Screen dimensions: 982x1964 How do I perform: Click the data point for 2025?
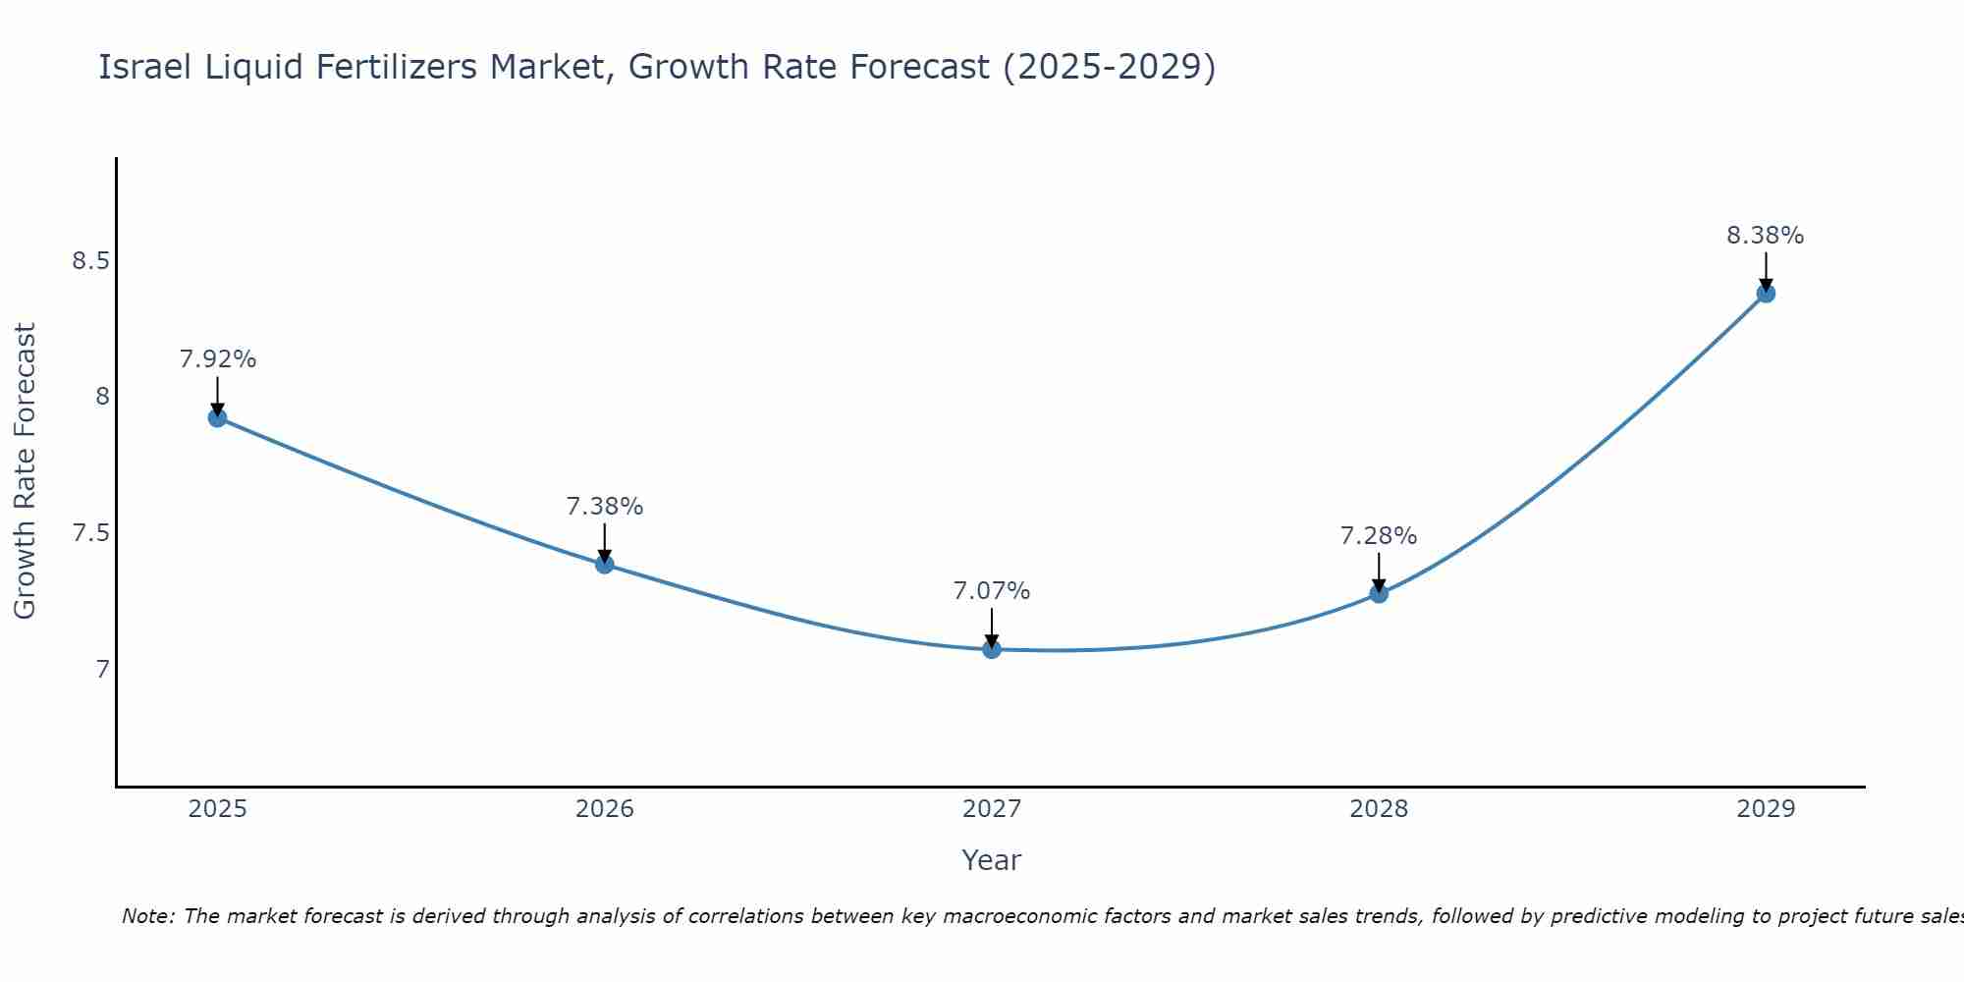(217, 417)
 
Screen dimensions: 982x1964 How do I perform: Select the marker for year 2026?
(604, 564)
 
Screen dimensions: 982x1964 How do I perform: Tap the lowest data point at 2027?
(991, 649)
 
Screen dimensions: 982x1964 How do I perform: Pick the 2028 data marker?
(1378, 593)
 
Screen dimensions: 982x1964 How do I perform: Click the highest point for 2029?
(1765, 293)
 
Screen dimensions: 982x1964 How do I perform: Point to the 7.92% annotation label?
(217, 359)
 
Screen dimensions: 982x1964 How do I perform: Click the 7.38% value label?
(604, 507)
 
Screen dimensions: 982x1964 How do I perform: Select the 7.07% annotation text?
(991, 591)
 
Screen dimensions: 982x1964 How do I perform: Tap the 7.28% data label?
(1378, 536)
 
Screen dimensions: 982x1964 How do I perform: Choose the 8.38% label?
(1765, 236)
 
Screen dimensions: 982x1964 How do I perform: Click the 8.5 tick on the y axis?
(90, 261)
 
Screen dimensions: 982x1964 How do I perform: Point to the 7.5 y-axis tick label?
(90, 533)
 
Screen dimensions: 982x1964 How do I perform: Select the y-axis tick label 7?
(102, 670)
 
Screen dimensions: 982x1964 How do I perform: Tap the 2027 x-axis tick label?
(991, 809)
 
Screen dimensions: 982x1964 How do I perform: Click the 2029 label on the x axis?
(1765, 809)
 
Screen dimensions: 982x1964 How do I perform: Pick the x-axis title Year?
(991, 860)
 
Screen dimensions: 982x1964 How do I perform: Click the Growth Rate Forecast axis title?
(26, 471)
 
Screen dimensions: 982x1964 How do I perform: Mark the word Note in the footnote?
(146, 916)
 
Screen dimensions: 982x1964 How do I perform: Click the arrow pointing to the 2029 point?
(1765, 270)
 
